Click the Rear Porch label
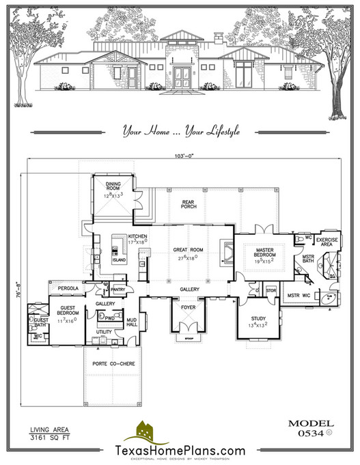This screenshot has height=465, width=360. pyautogui.click(x=189, y=204)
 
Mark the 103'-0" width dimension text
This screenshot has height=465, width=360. pyautogui.click(x=184, y=157)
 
